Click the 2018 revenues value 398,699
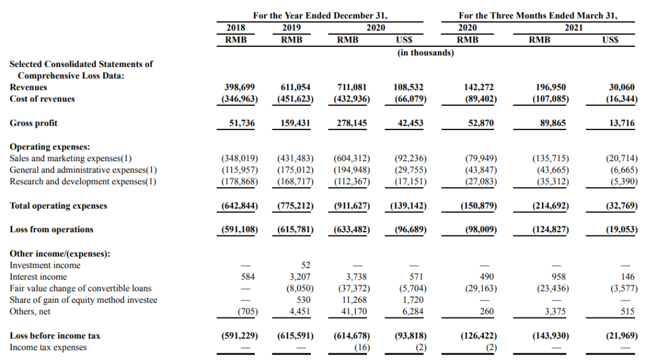(x=240, y=88)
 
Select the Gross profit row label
(x=33, y=123)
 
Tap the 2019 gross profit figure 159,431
(x=295, y=123)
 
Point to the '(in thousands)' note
(x=426, y=53)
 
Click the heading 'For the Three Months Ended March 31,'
(x=538, y=16)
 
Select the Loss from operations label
(x=52, y=230)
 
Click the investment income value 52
(x=305, y=265)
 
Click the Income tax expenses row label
(x=48, y=347)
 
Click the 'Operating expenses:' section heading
(x=50, y=147)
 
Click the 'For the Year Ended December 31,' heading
(x=321, y=16)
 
